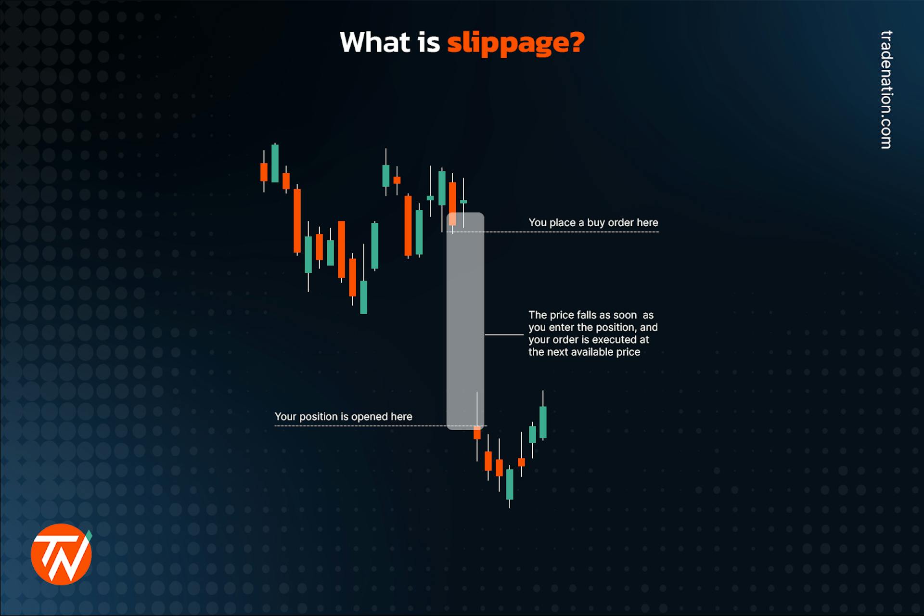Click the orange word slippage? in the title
tap(515, 43)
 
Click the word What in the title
tap(375, 42)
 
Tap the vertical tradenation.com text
tap(886, 90)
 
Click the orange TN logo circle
tap(61, 554)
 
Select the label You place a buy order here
tap(593, 222)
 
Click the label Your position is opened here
tap(343, 416)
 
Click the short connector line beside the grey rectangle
tap(503, 334)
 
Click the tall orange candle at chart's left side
tap(297, 220)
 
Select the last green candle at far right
tap(543, 422)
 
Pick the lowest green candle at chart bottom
tap(510, 484)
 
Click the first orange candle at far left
tap(264, 172)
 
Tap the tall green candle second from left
tap(275, 163)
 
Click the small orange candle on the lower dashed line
tap(477, 433)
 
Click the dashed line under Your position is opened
tap(361, 426)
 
